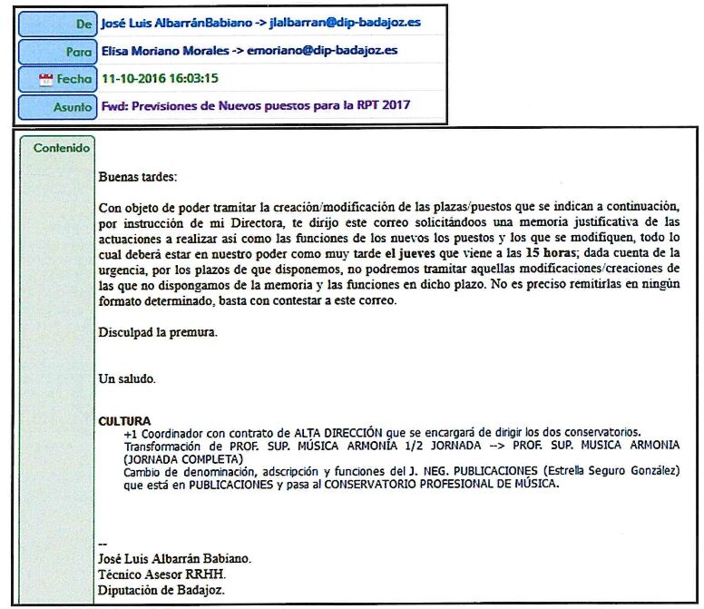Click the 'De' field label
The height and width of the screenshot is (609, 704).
(x=82, y=23)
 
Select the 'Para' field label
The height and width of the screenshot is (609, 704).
(x=79, y=52)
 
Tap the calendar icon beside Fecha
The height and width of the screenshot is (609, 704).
(x=46, y=80)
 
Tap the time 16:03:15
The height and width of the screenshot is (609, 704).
(x=192, y=78)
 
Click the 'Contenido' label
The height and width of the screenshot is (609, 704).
(x=62, y=148)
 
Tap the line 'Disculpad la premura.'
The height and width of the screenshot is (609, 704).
(x=158, y=332)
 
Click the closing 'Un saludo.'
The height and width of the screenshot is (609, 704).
(x=126, y=378)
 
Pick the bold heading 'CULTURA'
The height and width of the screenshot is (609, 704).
(x=124, y=421)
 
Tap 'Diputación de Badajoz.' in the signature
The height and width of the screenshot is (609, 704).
(x=161, y=590)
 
